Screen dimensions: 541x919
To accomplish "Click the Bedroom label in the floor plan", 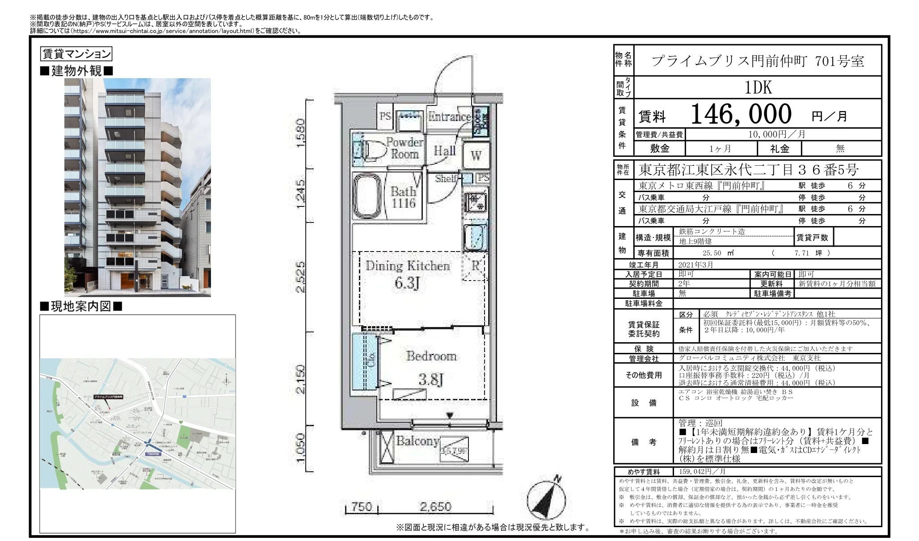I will tap(431, 356).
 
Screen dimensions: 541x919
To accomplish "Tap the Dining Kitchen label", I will tap(407, 266).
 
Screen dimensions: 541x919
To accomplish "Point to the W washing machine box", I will tap(476, 155).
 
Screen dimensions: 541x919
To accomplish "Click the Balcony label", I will tap(417, 441).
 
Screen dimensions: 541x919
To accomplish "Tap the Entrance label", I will tap(449, 117).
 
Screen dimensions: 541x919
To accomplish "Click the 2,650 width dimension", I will tap(435, 507).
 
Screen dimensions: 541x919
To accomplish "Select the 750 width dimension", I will tap(361, 507).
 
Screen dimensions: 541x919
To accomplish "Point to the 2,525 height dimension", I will tap(301, 277).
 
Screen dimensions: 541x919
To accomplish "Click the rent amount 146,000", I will tap(741, 114).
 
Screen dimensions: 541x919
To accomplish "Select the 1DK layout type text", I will tap(758, 88).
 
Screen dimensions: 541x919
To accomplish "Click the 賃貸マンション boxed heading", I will tap(76, 54).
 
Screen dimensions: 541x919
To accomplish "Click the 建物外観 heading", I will tap(76, 71).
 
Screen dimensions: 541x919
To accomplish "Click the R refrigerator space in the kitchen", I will tap(475, 266).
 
